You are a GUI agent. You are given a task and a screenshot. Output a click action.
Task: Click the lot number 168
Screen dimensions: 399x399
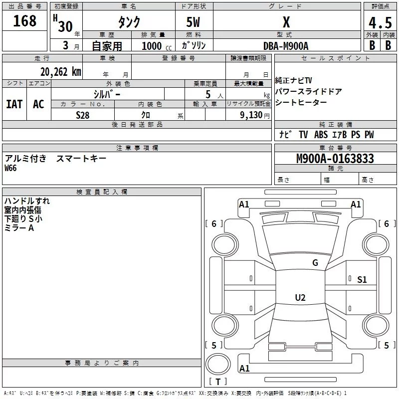(x=25, y=21)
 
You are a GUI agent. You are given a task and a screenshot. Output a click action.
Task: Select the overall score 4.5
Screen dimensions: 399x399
(x=380, y=23)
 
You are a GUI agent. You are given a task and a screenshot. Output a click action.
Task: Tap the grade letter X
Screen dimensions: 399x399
(x=286, y=22)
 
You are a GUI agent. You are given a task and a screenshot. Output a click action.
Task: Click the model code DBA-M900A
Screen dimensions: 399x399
(x=286, y=45)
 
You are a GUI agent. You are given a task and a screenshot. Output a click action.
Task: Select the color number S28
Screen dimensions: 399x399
(x=83, y=115)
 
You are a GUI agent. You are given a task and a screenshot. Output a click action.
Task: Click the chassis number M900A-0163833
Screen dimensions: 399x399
(x=335, y=159)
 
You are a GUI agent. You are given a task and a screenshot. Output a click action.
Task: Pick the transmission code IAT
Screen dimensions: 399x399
(x=14, y=104)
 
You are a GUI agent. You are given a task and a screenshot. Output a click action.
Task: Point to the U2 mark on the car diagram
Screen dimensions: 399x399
(x=300, y=298)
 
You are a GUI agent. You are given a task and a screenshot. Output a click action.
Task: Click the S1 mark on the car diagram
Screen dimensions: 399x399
(x=362, y=280)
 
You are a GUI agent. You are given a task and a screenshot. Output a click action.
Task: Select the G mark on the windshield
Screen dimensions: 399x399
(x=315, y=263)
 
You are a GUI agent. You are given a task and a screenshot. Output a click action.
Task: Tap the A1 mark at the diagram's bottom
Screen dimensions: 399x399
(x=244, y=369)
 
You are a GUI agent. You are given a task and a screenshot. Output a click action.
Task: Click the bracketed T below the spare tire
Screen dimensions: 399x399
(x=218, y=382)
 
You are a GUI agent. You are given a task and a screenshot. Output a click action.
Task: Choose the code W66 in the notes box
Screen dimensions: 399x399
(x=10, y=169)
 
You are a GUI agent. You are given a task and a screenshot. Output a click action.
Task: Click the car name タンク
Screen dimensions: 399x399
(x=129, y=22)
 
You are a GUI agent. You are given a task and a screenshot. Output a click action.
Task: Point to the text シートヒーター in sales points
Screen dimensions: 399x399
(x=301, y=102)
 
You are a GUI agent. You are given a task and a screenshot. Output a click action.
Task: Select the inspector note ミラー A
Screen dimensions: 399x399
(x=19, y=227)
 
